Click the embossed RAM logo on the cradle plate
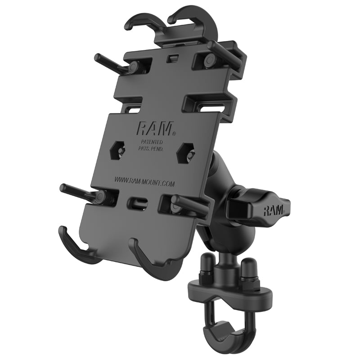coord(154,130)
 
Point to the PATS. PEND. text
coord(151,148)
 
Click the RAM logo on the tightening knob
coord(274,210)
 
